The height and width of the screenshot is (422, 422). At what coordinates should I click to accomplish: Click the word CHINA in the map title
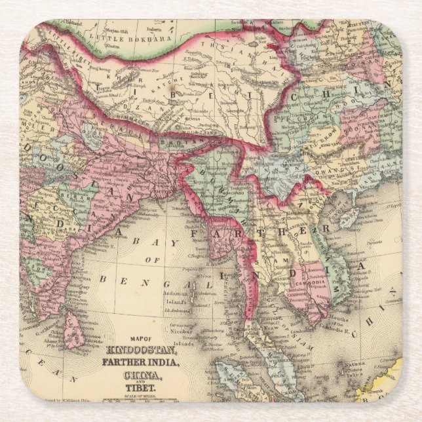[x=139, y=375]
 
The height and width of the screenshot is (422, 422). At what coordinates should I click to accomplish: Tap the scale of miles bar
[x=139, y=399]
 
